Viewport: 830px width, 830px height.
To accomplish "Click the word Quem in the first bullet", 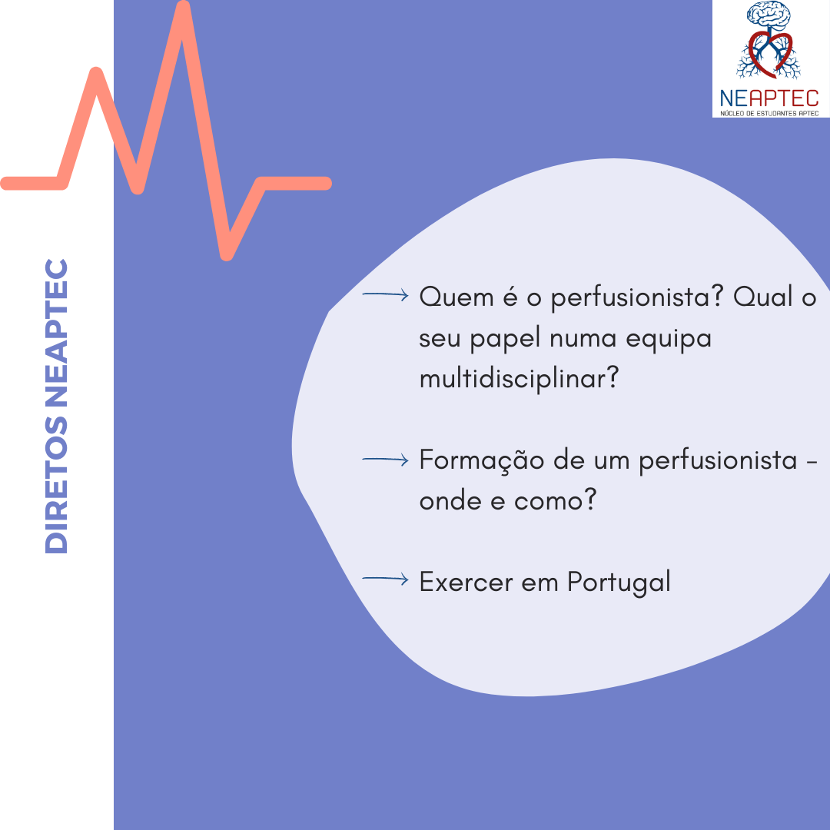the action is [456, 297].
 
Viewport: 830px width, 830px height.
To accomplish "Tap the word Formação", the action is [482, 460].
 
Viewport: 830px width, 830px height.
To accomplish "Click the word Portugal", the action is [619, 583].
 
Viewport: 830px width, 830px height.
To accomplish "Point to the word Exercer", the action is [466, 583].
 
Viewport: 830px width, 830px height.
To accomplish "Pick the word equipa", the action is [669, 340].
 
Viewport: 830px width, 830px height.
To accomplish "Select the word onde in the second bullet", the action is [450, 501].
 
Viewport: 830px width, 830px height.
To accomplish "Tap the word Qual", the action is [763, 297].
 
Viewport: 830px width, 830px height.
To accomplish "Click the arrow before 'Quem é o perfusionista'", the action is [385, 294].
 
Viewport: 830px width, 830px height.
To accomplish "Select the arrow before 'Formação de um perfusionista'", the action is [385, 460].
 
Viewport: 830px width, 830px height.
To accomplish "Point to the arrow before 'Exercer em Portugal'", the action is [385, 579].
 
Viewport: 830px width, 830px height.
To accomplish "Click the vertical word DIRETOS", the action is [57, 485].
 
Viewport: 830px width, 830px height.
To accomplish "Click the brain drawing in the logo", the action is [769, 15].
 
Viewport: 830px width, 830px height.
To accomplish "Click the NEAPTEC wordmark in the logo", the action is [769, 98].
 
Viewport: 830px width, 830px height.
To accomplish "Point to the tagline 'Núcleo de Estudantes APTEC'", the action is [769, 113].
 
